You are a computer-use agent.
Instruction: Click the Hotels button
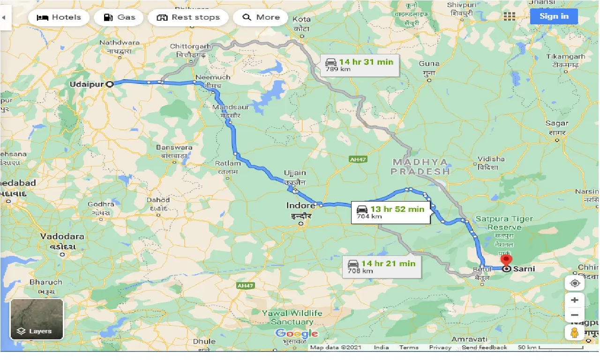[x=59, y=17]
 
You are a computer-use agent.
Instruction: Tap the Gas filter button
[x=119, y=17]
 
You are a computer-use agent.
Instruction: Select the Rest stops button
[x=188, y=17]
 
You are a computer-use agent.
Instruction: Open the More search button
[x=261, y=17]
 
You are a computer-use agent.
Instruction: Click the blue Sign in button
[x=554, y=16]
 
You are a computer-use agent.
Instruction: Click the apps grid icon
[x=509, y=16]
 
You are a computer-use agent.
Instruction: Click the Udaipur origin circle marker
[x=110, y=84]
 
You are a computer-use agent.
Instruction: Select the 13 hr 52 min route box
[x=389, y=212]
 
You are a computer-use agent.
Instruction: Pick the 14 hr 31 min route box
[x=359, y=65]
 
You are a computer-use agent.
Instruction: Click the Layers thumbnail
[x=37, y=319]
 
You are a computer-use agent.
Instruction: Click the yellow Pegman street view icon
[x=574, y=333]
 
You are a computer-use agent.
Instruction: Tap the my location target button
[x=574, y=284]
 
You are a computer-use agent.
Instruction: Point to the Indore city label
[x=300, y=206]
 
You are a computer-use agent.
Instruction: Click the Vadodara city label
[x=62, y=236]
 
